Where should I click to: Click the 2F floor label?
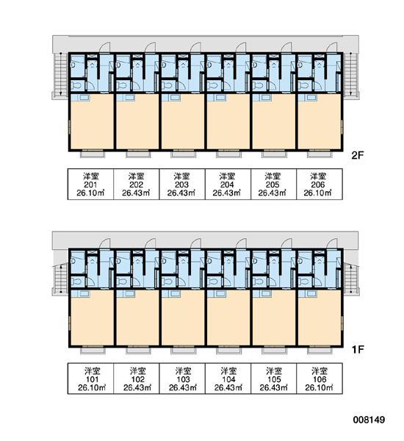[358, 155]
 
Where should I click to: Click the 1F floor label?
[358, 350]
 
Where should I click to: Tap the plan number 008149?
[369, 420]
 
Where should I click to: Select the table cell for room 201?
[90, 184]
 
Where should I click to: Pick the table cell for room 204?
[228, 184]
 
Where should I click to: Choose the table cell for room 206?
[320, 184]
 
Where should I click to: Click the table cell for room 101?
[90, 379]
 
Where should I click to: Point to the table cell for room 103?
[182, 379]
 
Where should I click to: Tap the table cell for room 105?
[273, 379]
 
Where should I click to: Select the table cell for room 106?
[320, 379]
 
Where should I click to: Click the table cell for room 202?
[137, 184]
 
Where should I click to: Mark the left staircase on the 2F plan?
[60, 74]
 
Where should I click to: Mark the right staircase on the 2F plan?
[350, 74]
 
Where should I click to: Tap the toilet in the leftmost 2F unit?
[76, 85]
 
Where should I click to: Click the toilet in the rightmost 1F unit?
[303, 282]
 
